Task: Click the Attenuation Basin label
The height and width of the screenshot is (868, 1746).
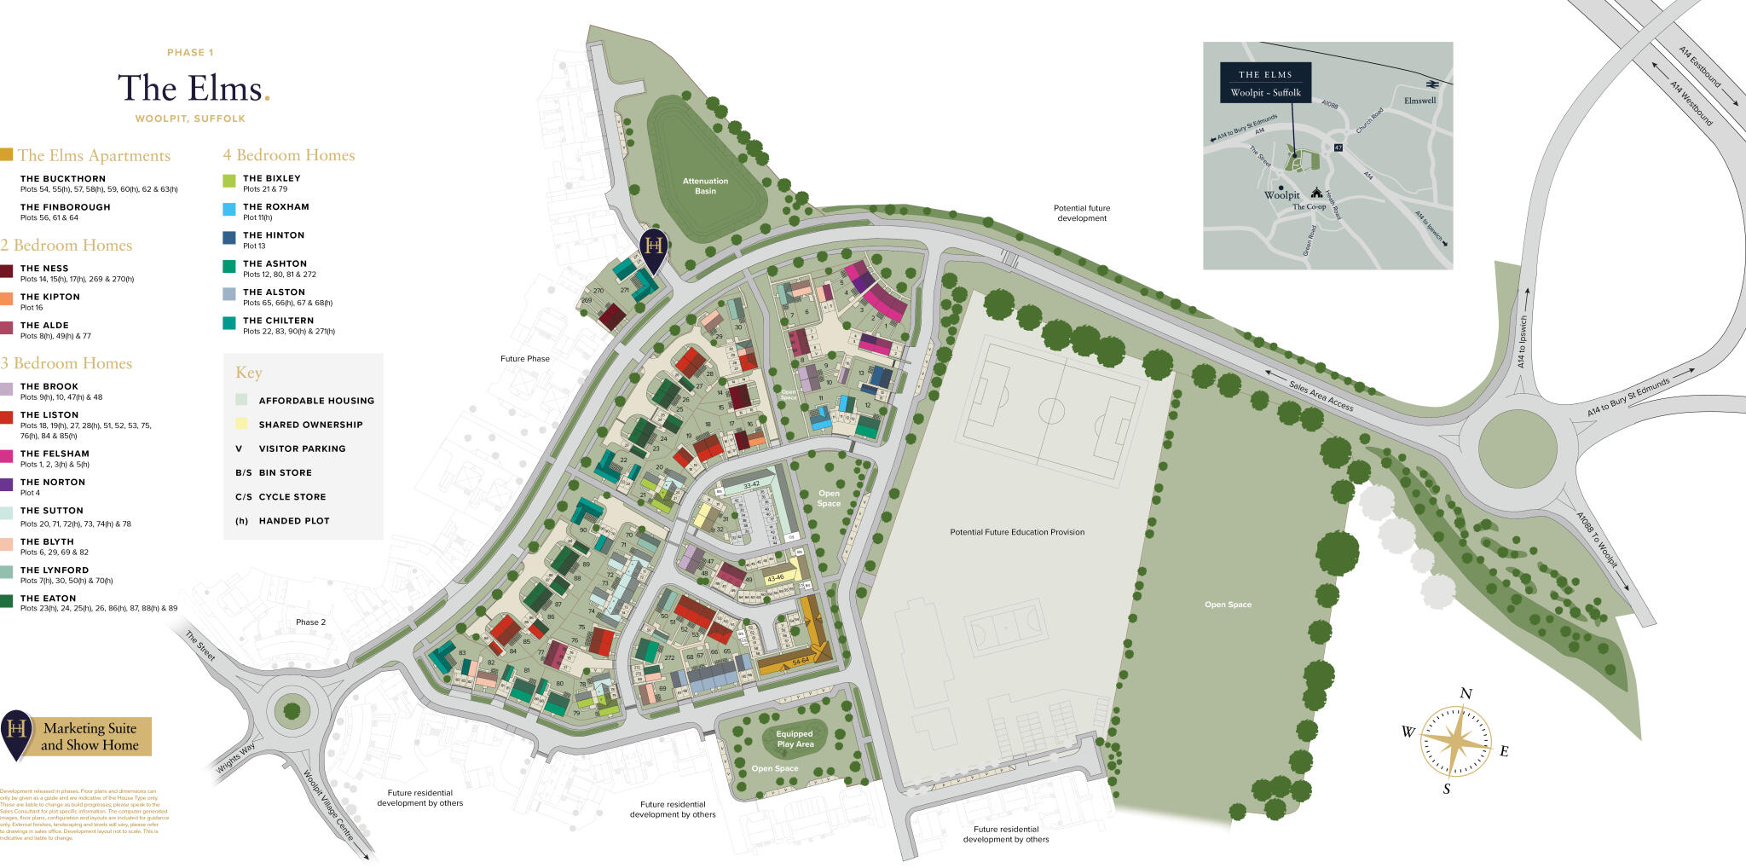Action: tap(705, 186)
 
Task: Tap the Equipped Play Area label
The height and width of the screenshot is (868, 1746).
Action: tap(795, 739)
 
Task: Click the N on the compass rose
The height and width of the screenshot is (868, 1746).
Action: tap(1466, 694)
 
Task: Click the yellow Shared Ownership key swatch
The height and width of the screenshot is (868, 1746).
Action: tap(242, 424)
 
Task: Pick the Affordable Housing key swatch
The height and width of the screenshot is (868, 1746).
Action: tap(242, 400)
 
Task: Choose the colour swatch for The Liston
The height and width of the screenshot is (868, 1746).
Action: tap(7, 417)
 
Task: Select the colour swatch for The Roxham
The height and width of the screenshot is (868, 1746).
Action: tap(228, 209)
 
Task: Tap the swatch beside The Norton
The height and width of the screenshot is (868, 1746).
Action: tap(7, 484)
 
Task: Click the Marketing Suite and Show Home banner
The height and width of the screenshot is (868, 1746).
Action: tap(90, 737)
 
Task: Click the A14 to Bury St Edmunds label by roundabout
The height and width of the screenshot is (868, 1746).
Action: tap(1627, 397)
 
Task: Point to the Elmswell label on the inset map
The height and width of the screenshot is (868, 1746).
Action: tap(1419, 101)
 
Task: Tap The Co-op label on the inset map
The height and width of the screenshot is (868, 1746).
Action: tap(1309, 206)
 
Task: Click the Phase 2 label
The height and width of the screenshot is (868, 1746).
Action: tap(310, 622)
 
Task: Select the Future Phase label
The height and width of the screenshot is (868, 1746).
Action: tap(524, 359)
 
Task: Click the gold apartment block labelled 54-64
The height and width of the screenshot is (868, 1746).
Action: tap(800, 661)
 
